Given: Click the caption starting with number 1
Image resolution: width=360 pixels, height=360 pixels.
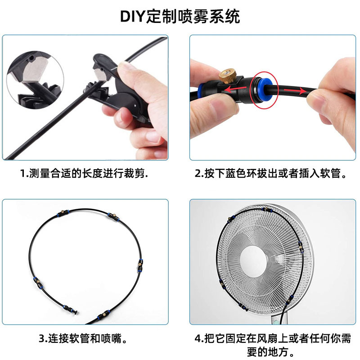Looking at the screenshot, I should click(84, 173).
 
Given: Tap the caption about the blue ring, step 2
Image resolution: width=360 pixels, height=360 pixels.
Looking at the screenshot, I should click(271, 173).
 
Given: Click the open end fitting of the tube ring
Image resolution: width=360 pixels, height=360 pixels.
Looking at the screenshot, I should click(73, 310).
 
